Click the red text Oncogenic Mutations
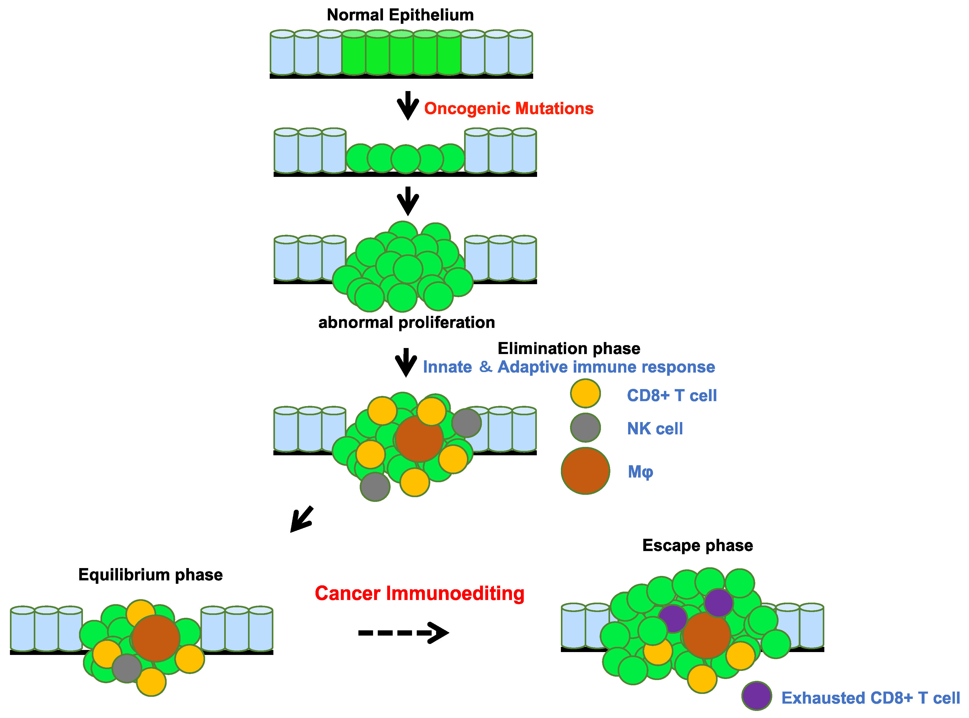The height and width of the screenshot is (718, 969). (508, 109)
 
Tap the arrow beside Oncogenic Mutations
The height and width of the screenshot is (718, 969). (408, 106)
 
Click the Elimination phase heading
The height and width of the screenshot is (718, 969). (568, 349)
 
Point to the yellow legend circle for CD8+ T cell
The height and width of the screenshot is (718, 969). (585, 393)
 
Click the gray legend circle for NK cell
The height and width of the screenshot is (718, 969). (585, 428)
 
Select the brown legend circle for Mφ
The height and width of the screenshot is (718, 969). (585, 471)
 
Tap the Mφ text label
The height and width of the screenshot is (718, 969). (640, 472)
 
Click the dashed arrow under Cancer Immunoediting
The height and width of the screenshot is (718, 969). (403, 633)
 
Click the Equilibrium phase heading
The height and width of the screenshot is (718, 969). (150, 575)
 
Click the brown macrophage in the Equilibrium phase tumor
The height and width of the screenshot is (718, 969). (156, 638)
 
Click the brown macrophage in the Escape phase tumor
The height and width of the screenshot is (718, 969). (706, 635)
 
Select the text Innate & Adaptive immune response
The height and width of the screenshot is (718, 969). (568, 367)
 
